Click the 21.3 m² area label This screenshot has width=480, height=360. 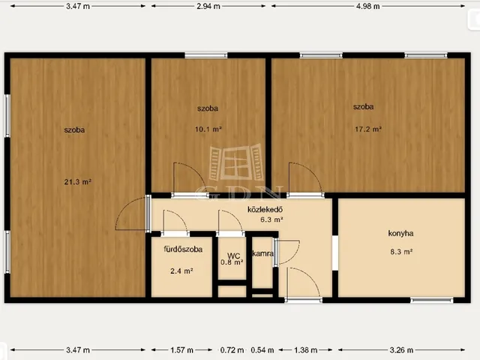pos(78,181)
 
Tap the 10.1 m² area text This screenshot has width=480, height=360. pos(208,129)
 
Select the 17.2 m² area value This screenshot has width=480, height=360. pos(368,129)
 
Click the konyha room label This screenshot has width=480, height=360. pos(400,233)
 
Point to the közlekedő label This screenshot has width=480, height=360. pos(265,210)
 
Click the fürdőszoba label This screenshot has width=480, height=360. pos(183,249)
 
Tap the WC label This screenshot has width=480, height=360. pos(233,256)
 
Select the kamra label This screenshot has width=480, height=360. pos(262,253)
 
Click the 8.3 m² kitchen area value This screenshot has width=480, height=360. pos(401,252)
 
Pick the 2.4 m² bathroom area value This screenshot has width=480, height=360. pos(181,271)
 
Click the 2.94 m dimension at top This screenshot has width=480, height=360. pos(208,6)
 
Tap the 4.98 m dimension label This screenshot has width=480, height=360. pos(368,6)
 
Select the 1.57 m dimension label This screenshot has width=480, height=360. pos(181,349)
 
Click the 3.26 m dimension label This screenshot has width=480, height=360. pos(401,349)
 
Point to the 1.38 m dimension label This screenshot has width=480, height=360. pos(305,349)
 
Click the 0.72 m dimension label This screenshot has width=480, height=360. pos(232,349)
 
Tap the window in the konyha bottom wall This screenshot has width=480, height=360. pos(432,300)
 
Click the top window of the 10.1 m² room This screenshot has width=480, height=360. pos(206,55)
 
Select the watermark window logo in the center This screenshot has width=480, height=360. pos(236,162)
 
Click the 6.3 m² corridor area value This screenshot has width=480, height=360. pos(271,220)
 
